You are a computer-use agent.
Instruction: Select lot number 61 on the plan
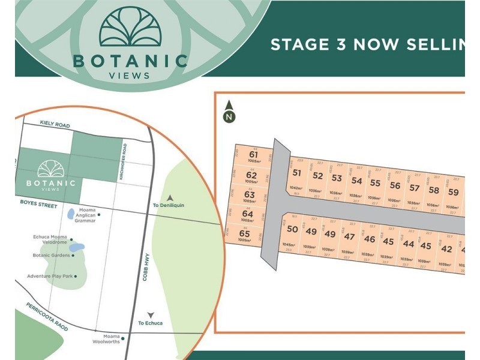point(253,155)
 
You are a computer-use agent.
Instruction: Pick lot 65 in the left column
point(244,233)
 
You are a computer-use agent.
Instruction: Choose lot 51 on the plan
point(296,173)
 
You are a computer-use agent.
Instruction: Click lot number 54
point(356,180)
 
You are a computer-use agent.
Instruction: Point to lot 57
point(414,187)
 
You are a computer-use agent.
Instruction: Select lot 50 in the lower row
point(292,229)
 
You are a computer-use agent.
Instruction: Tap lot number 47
point(349,236)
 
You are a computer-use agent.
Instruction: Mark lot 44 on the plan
point(408,244)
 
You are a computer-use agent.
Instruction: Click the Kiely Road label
point(55,125)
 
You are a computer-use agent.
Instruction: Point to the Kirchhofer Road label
point(122,161)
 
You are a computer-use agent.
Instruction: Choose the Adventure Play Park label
point(50,276)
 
